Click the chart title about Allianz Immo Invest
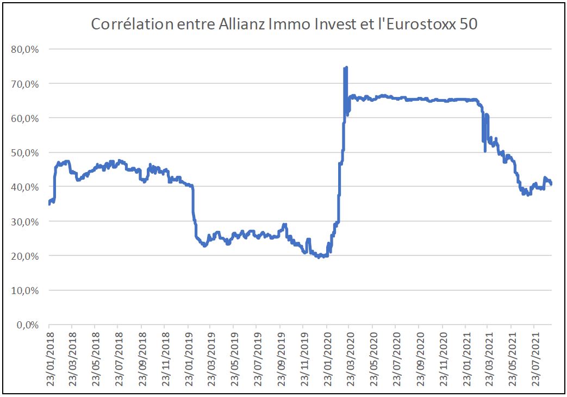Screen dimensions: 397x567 [x=284, y=25]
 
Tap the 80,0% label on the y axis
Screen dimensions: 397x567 [x=24, y=49]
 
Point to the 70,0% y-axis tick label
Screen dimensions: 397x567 [x=24, y=83]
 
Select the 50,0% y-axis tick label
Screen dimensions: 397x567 [x=24, y=152]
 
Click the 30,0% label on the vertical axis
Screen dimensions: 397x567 [x=24, y=222]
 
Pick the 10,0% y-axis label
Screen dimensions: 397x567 [x=24, y=290]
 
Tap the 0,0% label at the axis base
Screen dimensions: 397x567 [x=27, y=325]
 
